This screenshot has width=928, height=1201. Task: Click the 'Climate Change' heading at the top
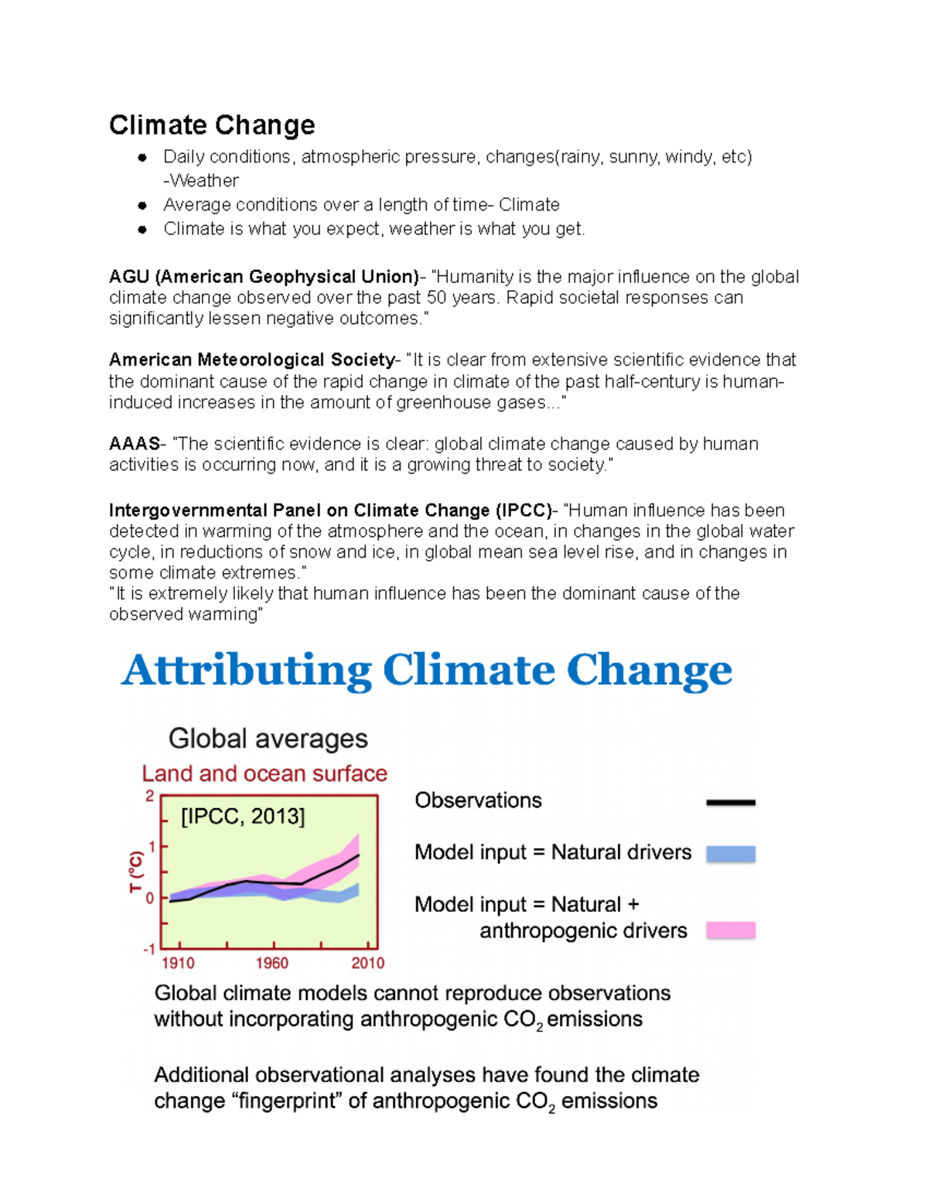[x=212, y=125]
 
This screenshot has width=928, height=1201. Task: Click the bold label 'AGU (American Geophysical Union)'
[x=264, y=277]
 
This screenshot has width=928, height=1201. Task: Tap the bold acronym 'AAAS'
[x=135, y=443]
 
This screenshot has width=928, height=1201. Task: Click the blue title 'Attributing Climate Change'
[x=426, y=670]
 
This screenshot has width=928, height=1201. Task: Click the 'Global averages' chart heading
[x=268, y=739]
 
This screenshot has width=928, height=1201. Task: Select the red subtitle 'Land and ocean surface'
[x=264, y=773]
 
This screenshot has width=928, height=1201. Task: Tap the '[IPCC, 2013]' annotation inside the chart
[x=243, y=817]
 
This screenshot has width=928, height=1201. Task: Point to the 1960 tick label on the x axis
[x=271, y=963]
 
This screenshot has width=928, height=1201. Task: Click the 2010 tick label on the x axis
[x=367, y=963]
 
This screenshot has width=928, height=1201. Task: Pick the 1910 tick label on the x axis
[x=178, y=963]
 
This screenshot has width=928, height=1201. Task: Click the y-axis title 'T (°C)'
[x=136, y=872]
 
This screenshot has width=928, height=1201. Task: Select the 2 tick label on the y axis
[x=150, y=797]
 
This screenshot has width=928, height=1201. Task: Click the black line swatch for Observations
[x=730, y=803]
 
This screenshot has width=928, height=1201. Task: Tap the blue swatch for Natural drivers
[x=730, y=854]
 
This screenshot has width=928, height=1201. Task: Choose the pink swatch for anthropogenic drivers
[x=730, y=930]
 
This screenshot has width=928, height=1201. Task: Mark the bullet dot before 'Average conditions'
[x=142, y=205]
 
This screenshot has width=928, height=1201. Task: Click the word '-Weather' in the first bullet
[x=201, y=181]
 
